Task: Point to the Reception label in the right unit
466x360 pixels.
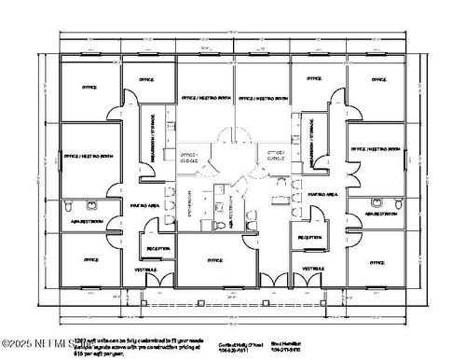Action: pyautogui.click(x=310, y=238)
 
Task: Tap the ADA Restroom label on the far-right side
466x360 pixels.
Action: pyautogui.click(x=381, y=214)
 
